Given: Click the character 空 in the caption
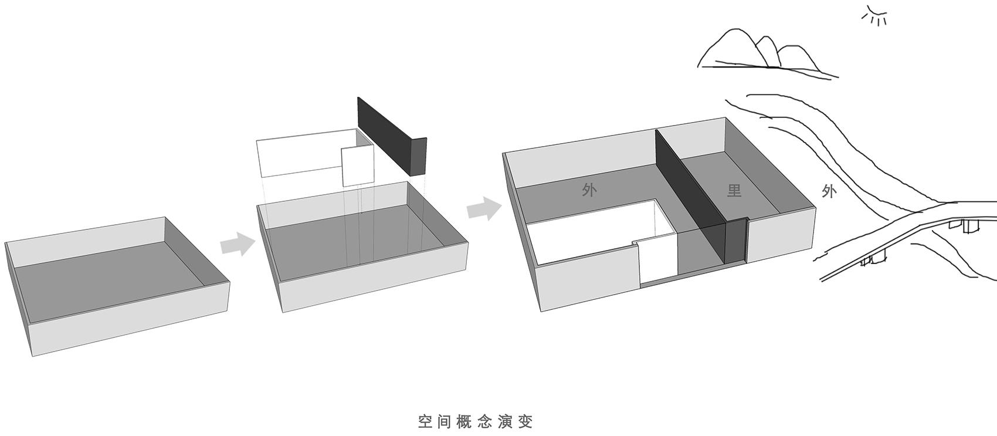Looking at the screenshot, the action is coord(425,421).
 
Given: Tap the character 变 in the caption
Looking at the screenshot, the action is coord(525,421).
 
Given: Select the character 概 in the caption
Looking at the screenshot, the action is coord(465,421).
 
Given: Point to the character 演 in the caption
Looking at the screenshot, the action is coord(505,421).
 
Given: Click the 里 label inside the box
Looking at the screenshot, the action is coord(734,190).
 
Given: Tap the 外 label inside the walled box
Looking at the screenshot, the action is coord(589,190).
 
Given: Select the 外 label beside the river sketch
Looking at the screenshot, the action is coord(828,191).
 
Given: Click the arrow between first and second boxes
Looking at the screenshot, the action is coord(238,244).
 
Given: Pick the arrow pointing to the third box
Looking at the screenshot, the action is coord(484,208).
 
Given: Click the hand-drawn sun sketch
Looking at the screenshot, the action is coord(874,16).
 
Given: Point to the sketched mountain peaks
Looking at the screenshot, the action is coord(767,53).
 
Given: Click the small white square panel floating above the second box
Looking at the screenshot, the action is coord(358,166).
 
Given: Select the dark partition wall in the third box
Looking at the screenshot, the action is coord(701,197).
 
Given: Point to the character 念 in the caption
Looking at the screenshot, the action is coord(485,421).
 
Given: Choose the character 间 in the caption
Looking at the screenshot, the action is coord(445,421).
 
